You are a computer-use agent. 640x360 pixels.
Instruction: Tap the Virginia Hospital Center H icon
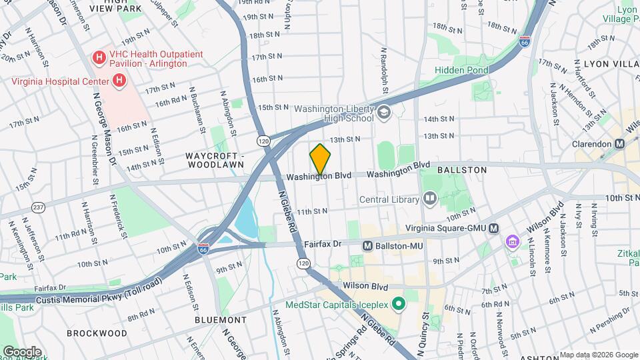[119, 81]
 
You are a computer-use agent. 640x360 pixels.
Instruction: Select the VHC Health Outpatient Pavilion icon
[99, 57]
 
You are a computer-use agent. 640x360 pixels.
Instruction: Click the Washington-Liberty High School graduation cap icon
[383, 113]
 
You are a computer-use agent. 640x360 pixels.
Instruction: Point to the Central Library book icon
[430, 199]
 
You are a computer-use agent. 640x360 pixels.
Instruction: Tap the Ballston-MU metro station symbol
[367, 246]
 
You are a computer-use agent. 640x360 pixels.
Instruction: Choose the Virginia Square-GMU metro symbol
[493, 229]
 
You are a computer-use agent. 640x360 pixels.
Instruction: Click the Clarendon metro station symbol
[619, 143]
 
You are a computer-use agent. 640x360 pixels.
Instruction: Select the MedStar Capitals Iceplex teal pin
[399, 305]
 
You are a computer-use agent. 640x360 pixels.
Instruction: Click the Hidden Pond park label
[461, 70]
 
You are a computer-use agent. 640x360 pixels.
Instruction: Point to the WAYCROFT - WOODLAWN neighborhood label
[215, 161]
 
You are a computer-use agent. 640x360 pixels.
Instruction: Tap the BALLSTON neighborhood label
[462, 170]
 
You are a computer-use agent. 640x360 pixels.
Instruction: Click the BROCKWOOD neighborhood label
[97, 333]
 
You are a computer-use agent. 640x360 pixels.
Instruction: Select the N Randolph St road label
[384, 70]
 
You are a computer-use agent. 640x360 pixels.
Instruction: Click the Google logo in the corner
[22, 351]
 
